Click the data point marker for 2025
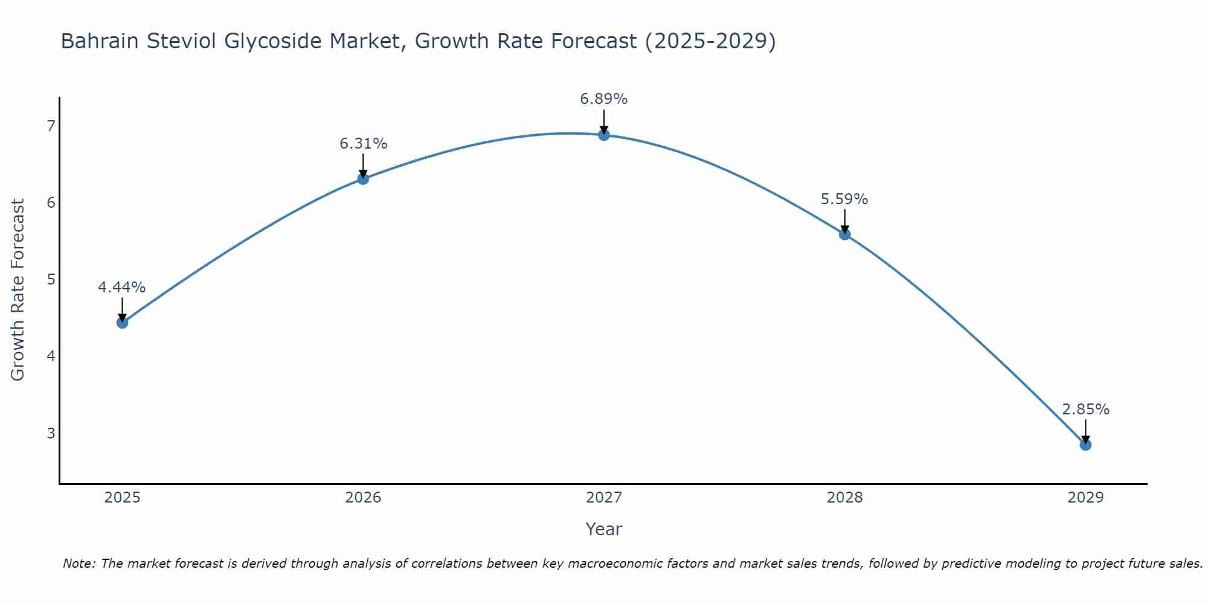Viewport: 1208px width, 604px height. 122,323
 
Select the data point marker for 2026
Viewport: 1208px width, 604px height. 363,179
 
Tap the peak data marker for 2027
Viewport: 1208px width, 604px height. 604,135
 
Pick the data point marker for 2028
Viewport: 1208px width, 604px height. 844,234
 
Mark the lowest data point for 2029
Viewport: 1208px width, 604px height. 1085,445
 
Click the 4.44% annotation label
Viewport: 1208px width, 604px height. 122,288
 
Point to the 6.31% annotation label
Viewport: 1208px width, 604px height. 363,144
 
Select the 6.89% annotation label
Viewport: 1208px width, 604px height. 604,99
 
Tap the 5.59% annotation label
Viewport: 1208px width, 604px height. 844,199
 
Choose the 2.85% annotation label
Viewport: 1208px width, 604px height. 1085,410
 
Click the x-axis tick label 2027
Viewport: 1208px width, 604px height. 604,498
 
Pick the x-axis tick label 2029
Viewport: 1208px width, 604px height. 1085,498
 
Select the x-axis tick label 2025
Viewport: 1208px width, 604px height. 122,498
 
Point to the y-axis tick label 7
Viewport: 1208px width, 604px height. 51,126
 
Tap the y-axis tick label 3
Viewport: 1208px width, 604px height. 51,433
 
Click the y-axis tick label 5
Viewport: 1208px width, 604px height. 51,280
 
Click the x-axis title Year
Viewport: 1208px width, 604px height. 604,529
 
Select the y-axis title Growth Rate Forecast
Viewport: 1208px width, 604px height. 18,290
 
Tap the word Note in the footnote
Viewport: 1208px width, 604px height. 79,564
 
